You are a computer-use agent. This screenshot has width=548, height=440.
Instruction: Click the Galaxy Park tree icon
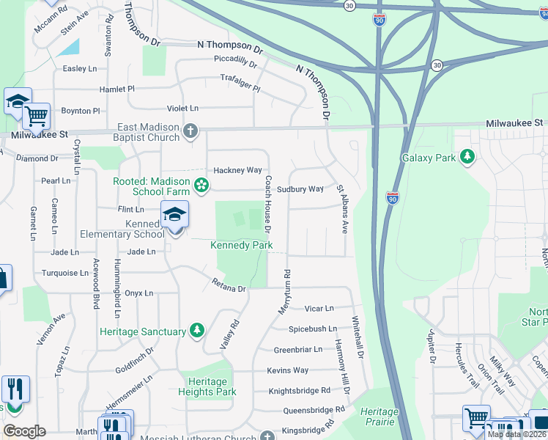coord(466,157)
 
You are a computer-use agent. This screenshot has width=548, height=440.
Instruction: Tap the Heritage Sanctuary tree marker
coord(196,331)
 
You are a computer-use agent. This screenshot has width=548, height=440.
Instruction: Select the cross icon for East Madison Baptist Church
coord(190,132)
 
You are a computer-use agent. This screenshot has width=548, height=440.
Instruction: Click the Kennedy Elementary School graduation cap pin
coord(175,215)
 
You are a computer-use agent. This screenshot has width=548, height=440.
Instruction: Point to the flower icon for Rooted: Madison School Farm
coord(201,181)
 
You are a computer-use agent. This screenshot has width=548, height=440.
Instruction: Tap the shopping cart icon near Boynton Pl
coord(35,115)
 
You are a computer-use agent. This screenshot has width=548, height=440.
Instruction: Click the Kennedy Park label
coord(242,245)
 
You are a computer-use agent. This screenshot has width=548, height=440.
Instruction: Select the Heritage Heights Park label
coord(207,386)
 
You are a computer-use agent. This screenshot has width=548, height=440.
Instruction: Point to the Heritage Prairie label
coord(378,417)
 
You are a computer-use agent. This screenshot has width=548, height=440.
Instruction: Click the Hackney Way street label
coord(237,170)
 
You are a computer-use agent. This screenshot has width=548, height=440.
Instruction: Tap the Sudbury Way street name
coord(300,189)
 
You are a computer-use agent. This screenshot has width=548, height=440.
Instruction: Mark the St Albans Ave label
coord(342,210)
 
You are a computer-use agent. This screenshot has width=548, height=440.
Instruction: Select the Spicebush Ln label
coord(312,329)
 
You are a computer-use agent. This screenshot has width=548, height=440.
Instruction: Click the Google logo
coord(24,430)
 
